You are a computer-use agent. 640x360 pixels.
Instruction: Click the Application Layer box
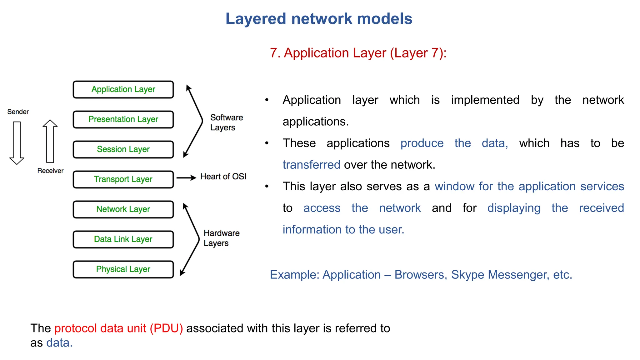(x=123, y=90)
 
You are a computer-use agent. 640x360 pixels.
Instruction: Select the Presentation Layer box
(x=123, y=120)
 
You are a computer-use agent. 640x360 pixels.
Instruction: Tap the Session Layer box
(x=123, y=150)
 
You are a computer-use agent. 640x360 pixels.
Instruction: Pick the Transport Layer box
(x=123, y=180)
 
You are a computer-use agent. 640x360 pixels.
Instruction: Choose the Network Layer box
(x=123, y=210)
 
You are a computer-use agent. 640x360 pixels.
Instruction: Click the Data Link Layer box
(x=123, y=240)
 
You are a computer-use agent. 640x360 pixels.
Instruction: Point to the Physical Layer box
(x=123, y=270)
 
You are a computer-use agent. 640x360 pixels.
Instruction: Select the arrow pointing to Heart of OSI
(x=186, y=178)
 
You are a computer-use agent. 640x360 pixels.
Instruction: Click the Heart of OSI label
(x=223, y=177)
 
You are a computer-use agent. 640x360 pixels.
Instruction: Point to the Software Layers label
(x=226, y=122)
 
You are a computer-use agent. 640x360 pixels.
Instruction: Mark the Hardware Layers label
(x=221, y=238)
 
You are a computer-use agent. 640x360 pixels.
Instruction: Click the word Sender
(x=18, y=112)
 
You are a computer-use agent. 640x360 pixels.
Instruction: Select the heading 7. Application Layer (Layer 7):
(x=358, y=53)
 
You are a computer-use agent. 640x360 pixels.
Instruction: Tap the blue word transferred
(x=311, y=165)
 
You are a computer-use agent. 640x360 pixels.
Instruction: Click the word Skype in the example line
(x=468, y=275)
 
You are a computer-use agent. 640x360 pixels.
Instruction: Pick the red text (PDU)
(x=166, y=328)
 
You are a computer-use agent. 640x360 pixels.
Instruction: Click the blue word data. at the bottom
(x=59, y=343)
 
